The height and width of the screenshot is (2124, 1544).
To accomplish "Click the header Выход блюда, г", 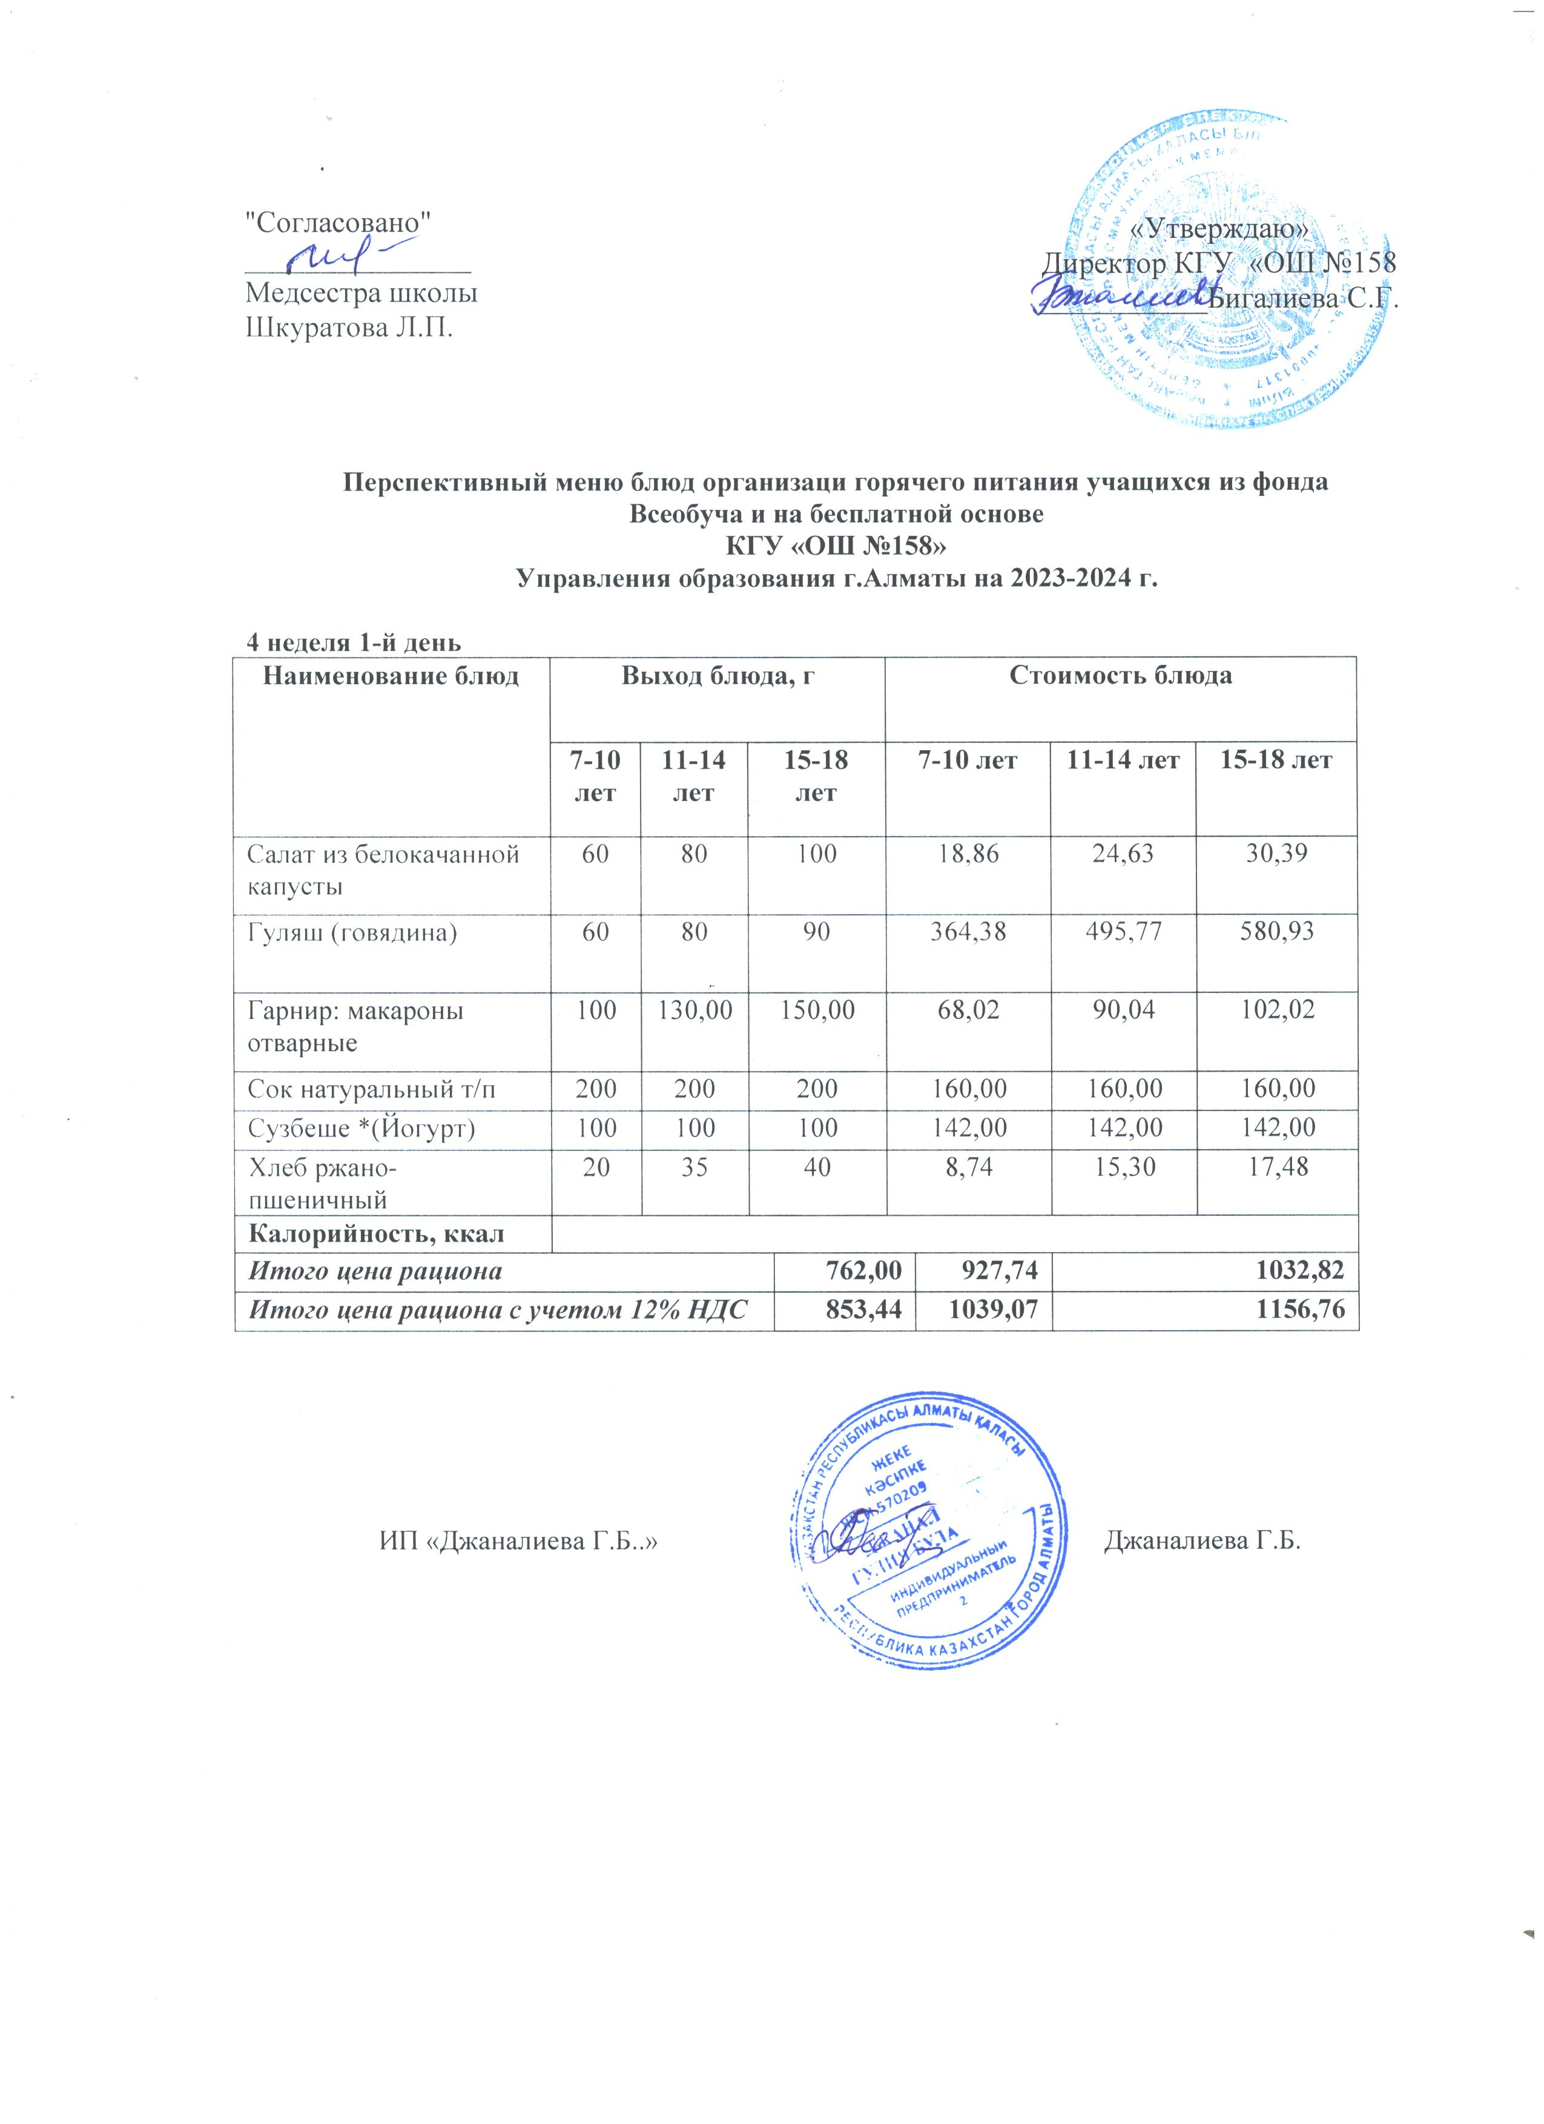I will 716,676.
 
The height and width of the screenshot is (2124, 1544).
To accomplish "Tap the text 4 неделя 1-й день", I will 353,644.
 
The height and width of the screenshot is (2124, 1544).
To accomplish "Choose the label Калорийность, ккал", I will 375,1233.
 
